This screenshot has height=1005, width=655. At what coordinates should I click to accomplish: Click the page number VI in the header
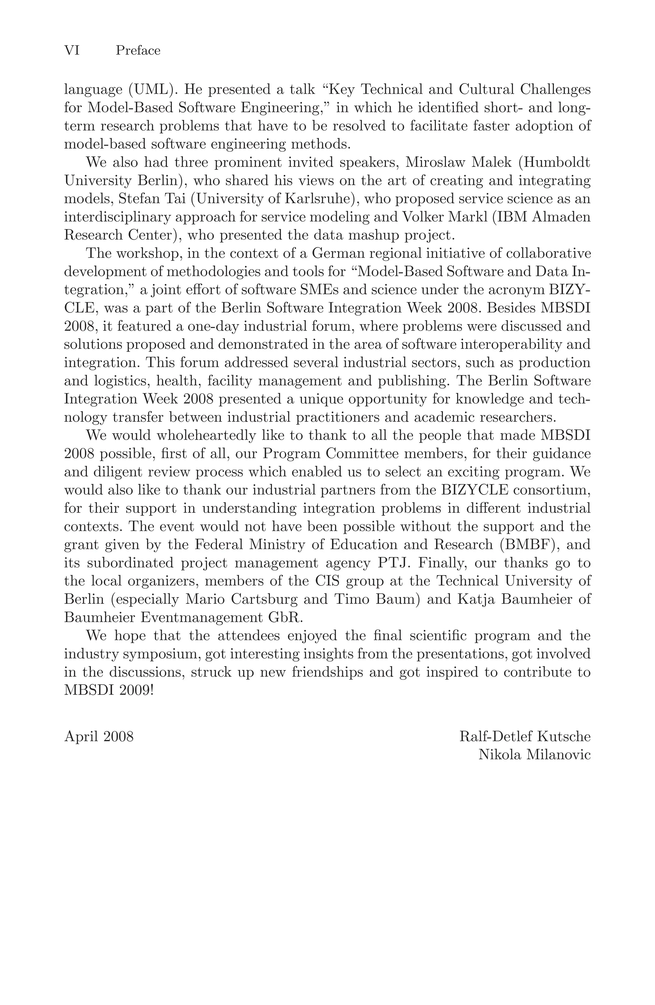(x=72, y=51)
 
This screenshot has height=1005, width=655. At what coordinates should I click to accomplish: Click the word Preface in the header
(x=138, y=51)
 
